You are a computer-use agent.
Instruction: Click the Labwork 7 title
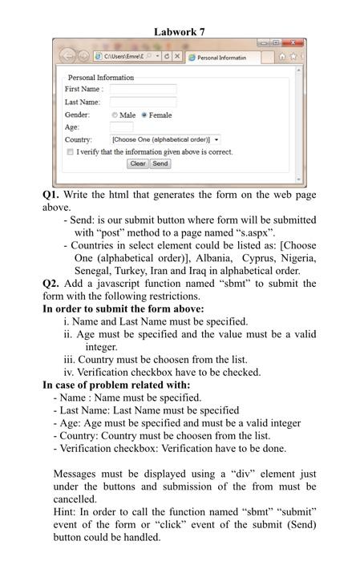pyautogui.click(x=180, y=31)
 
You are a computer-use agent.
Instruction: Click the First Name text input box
pyautogui.click(x=143, y=89)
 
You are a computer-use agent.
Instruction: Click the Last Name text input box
pyautogui.click(x=143, y=102)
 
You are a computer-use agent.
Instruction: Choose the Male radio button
pyautogui.click(x=115, y=115)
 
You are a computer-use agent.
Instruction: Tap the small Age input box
pyautogui.click(x=121, y=127)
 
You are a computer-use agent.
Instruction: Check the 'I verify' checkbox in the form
pyautogui.click(x=71, y=151)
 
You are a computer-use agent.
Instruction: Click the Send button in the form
pyautogui.click(x=160, y=163)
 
